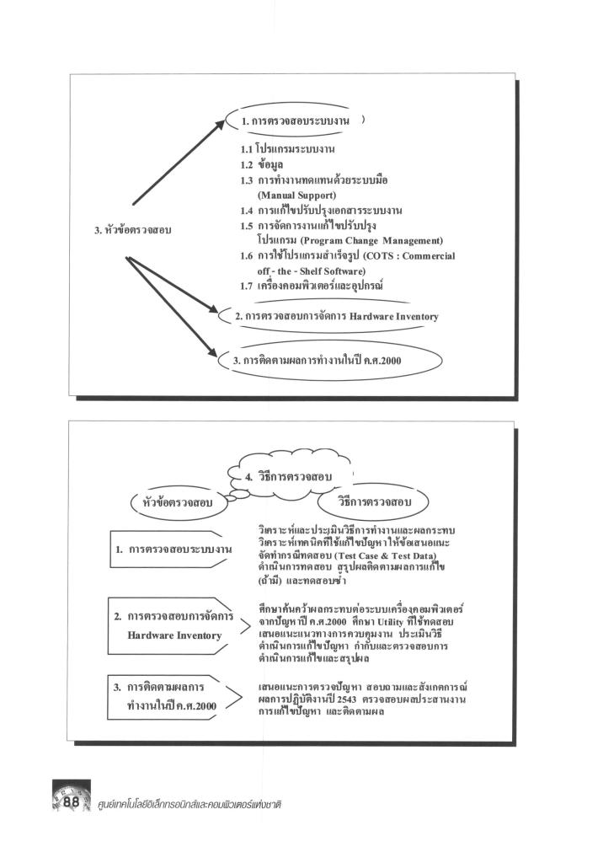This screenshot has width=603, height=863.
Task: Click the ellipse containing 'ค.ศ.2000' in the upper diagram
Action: pos(336,359)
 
